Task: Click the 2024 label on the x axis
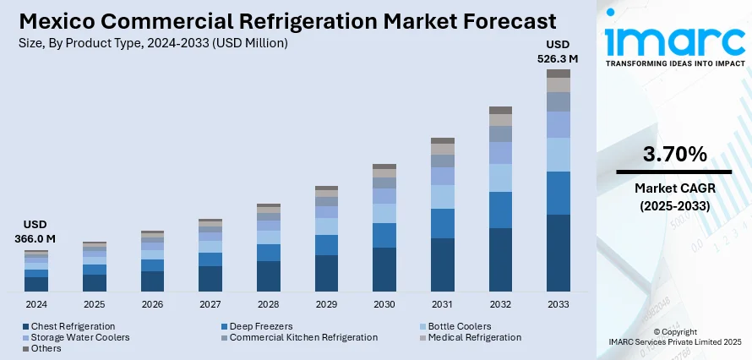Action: (x=36, y=304)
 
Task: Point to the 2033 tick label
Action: (x=559, y=304)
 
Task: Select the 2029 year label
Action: (x=326, y=304)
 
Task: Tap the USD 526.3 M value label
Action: (x=558, y=52)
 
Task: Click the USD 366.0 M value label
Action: (x=35, y=232)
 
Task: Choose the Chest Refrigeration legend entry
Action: (x=73, y=326)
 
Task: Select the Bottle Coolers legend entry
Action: (x=459, y=326)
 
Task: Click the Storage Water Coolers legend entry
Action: (x=80, y=337)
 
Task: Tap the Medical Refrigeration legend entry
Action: (x=474, y=337)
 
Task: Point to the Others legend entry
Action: (x=46, y=348)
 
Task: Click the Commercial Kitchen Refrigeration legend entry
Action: (x=303, y=337)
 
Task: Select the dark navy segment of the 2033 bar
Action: (x=559, y=253)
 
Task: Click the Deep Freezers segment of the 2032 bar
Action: (x=500, y=210)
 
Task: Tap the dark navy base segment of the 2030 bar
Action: (x=384, y=269)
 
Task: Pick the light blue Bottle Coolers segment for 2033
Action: (x=559, y=155)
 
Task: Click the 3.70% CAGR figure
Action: (x=674, y=155)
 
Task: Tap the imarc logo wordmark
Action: (x=673, y=40)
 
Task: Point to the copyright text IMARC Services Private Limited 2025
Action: (x=675, y=341)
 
